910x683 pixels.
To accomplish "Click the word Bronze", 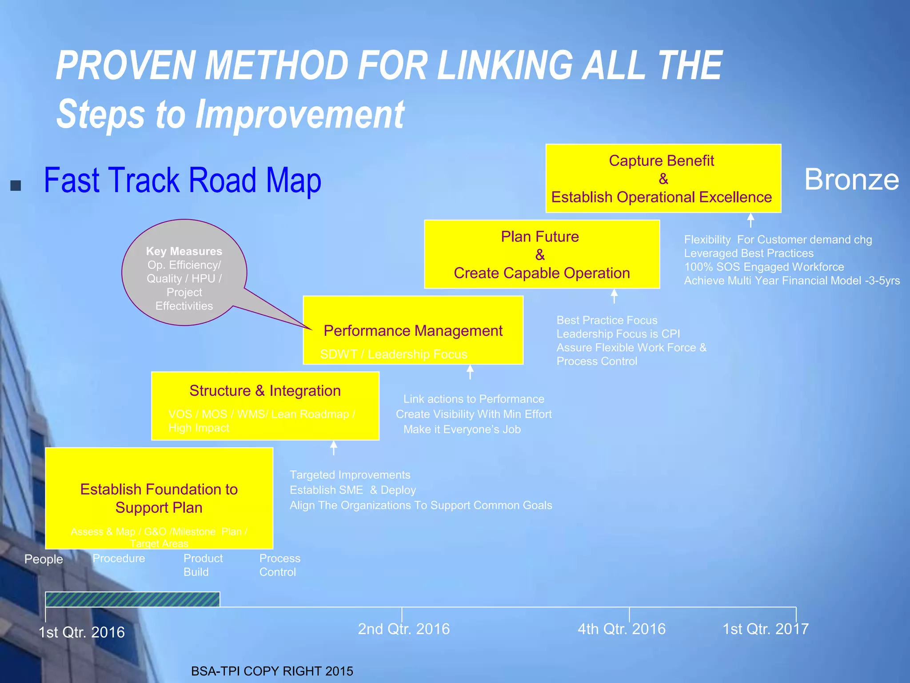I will coord(851,180).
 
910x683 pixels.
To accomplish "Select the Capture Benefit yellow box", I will coord(663,178).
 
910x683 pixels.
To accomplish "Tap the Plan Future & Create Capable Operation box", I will coord(541,254).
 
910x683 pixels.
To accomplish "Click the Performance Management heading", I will coord(413,331).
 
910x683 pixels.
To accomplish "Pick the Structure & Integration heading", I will coord(265,391).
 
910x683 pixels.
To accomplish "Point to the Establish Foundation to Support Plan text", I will coord(159,498).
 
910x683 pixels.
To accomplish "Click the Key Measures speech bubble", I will coord(184,273).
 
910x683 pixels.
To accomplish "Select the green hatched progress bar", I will coord(132,599).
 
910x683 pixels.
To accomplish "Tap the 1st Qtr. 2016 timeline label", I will coord(81,632).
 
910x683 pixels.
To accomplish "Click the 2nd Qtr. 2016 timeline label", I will coord(403,629).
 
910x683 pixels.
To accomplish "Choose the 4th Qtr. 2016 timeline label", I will coord(621,629).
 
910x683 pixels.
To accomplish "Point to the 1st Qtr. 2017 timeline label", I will coord(765,629).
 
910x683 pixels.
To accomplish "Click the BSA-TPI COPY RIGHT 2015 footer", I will coord(272,671).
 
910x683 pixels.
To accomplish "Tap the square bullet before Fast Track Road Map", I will coord(16,185).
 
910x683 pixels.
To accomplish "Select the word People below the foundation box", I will coord(44,559).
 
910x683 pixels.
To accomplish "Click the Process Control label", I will coord(279,565).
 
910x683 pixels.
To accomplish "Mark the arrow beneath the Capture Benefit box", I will coord(750,220).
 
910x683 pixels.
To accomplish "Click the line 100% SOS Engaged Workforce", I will coord(764,267).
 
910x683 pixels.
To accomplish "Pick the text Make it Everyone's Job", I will coord(462,430).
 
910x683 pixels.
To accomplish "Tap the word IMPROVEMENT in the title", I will coord(300,115).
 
